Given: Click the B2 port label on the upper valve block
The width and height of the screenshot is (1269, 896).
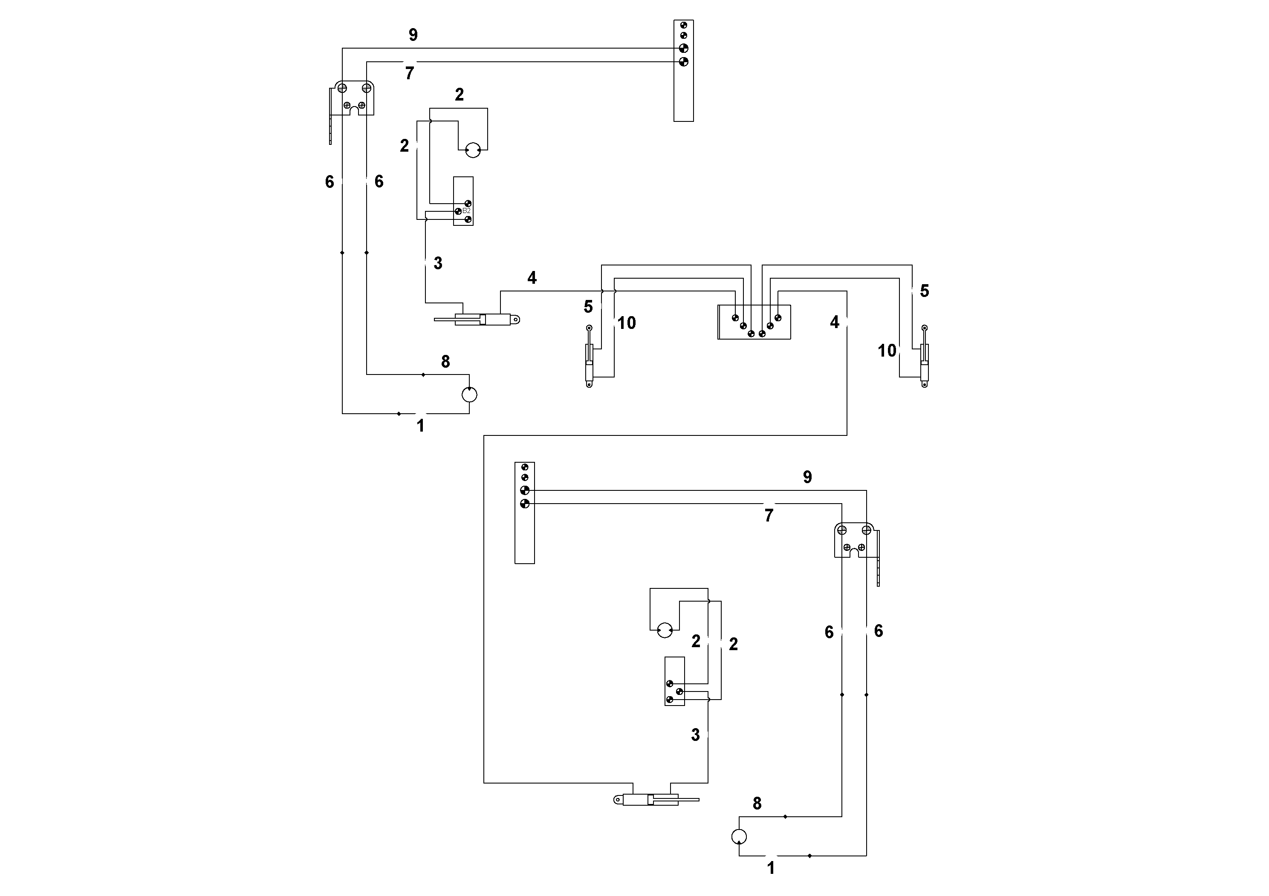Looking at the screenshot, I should click(x=466, y=211).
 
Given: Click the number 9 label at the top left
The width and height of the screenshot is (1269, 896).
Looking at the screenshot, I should click(x=413, y=35).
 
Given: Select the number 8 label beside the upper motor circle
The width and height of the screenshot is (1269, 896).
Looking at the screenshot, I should click(x=445, y=362).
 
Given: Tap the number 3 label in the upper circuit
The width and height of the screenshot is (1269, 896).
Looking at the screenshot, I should click(x=438, y=263).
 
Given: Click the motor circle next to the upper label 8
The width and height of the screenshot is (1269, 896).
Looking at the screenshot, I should click(x=469, y=395).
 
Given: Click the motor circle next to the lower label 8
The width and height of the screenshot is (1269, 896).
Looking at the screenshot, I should click(x=739, y=837).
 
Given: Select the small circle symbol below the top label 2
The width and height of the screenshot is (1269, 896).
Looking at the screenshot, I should click(x=473, y=150).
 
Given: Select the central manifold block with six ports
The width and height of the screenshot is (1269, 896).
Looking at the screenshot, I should click(x=754, y=322).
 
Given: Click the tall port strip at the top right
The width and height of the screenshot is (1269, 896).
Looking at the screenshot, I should click(x=684, y=71).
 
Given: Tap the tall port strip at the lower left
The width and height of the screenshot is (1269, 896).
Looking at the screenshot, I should click(x=524, y=513).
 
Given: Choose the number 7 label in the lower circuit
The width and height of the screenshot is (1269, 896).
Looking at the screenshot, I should click(x=769, y=516).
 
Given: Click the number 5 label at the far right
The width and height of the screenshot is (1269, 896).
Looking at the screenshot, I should click(x=924, y=291).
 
